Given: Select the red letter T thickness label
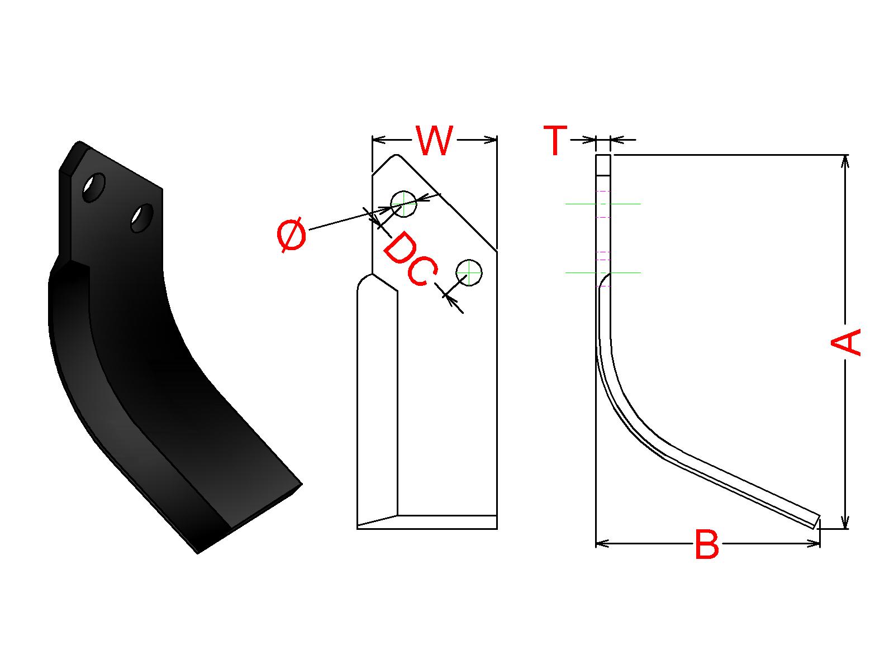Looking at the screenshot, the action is click(x=555, y=141).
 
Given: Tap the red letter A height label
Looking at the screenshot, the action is click(x=845, y=342).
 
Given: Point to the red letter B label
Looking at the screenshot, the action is click(x=707, y=544).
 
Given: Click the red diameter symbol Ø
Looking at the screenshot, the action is click(x=292, y=234).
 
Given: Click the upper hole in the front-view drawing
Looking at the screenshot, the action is click(x=403, y=204).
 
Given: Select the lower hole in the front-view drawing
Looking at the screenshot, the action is click(x=469, y=272).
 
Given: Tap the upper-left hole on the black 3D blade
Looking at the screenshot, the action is click(x=94, y=188).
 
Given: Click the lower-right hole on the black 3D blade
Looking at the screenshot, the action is click(x=142, y=218).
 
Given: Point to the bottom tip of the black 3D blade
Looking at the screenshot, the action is click(x=198, y=553).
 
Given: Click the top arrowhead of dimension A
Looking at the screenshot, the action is click(x=845, y=161).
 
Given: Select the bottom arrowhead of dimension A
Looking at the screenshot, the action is click(x=845, y=521).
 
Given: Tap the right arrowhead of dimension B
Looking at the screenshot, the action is click(x=814, y=542).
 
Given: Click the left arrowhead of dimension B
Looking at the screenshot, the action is click(x=602, y=542).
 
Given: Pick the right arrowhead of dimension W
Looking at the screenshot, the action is click(x=491, y=139).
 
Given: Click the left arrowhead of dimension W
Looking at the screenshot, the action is click(x=379, y=139).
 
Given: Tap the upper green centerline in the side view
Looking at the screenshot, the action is click(x=603, y=204).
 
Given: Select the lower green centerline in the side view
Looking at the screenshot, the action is click(x=603, y=272).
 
